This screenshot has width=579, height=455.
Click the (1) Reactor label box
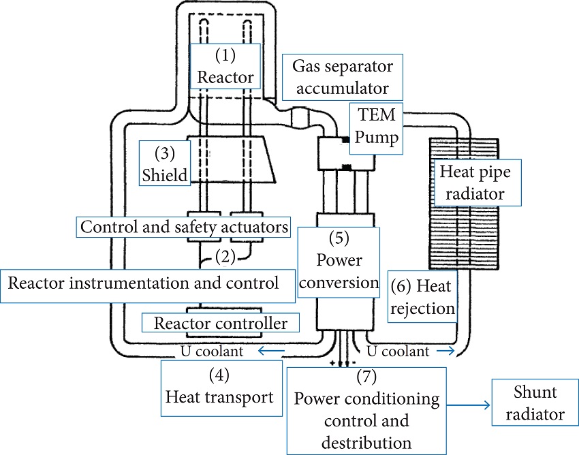point(225,66)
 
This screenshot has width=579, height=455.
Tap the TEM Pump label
point(374,128)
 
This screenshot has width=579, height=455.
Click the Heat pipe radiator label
point(478,182)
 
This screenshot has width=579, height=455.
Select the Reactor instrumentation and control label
point(144,283)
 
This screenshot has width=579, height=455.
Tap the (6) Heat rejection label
point(422,298)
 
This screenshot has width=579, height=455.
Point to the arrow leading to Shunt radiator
point(467,405)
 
